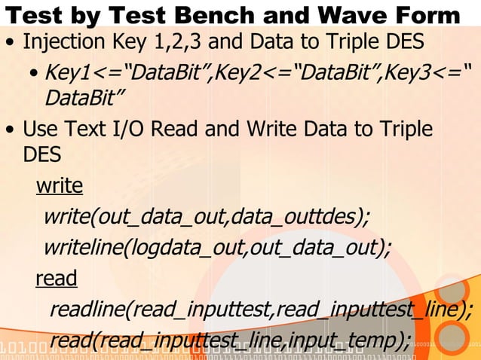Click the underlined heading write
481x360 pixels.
59,185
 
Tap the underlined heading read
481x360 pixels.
56,279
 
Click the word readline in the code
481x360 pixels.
90,310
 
